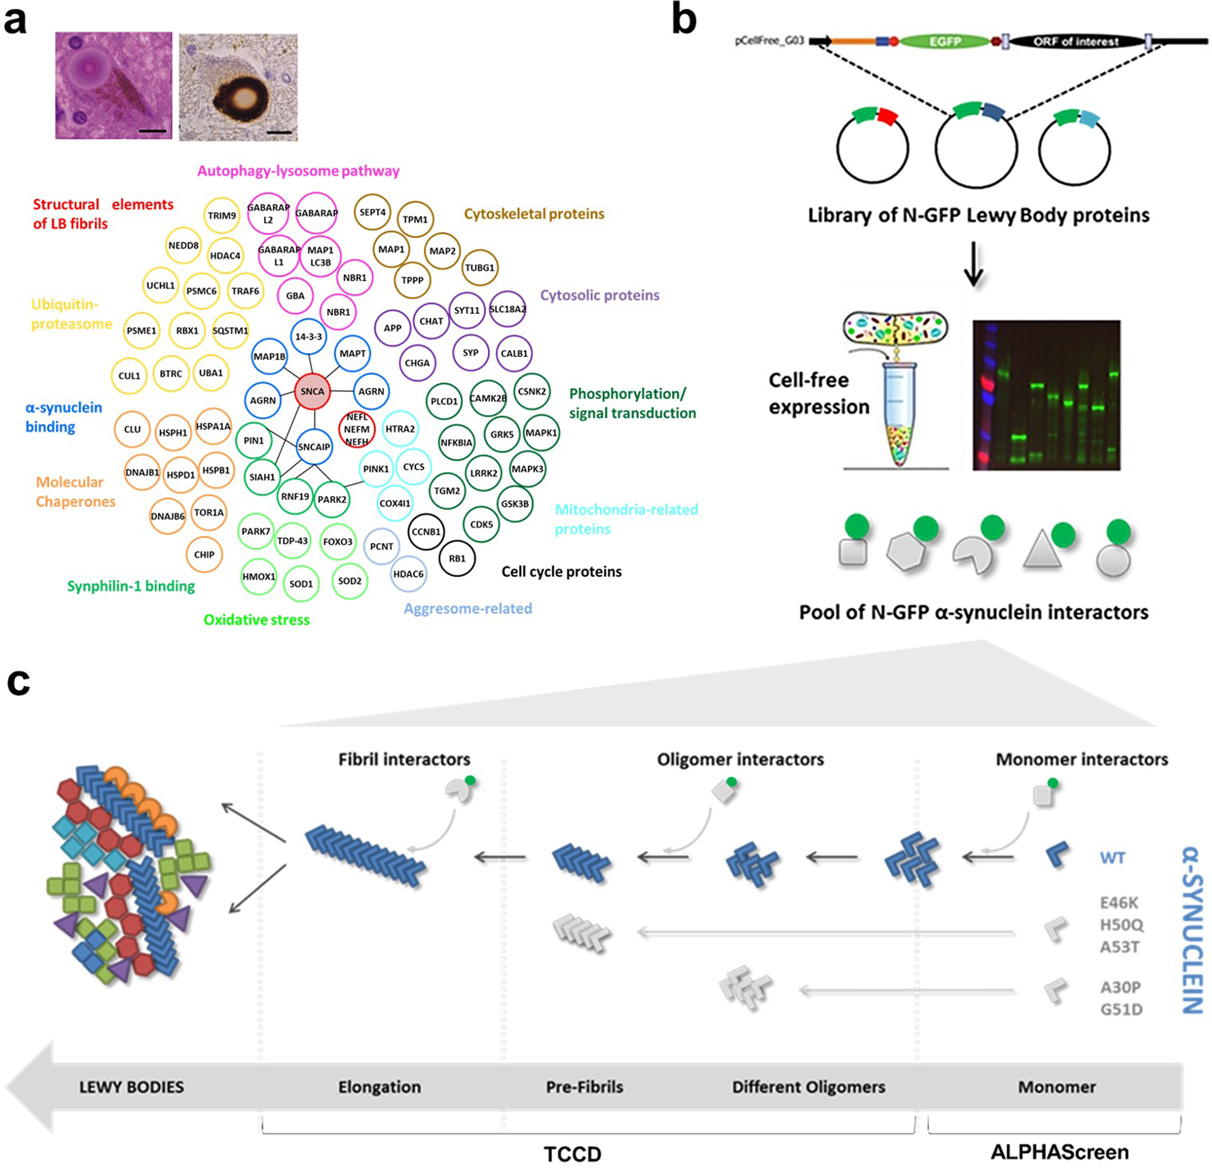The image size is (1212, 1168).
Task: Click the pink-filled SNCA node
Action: click(x=313, y=391)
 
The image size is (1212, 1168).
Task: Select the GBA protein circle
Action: click(x=295, y=296)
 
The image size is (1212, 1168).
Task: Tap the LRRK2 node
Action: click(x=483, y=473)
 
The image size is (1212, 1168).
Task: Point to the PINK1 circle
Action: click(x=376, y=469)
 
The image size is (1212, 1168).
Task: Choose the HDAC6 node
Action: click(x=408, y=574)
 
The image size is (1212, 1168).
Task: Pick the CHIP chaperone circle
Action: click(x=204, y=555)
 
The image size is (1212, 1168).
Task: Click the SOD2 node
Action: click(x=349, y=581)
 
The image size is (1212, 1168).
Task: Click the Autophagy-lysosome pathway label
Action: click(x=298, y=171)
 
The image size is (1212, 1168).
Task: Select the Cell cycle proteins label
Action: click(x=561, y=572)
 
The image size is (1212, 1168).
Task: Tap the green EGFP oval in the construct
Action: click(x=944, y=41)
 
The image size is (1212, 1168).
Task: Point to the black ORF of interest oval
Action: click(x=1075, y=41)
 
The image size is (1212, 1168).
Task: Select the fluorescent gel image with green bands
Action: click(x=1046, y=396)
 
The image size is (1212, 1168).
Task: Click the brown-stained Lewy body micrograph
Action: click(x=238, y=87)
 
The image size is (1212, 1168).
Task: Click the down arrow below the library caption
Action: click(x=974, y=264)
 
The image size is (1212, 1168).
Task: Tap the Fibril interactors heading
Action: click(x=404, y=759)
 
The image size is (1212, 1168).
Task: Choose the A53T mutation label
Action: click(x=1119, y=947)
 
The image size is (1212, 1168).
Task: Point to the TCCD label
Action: click(x=572, y=1154)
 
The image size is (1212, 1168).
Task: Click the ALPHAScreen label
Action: click(x=1059, y=1152)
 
